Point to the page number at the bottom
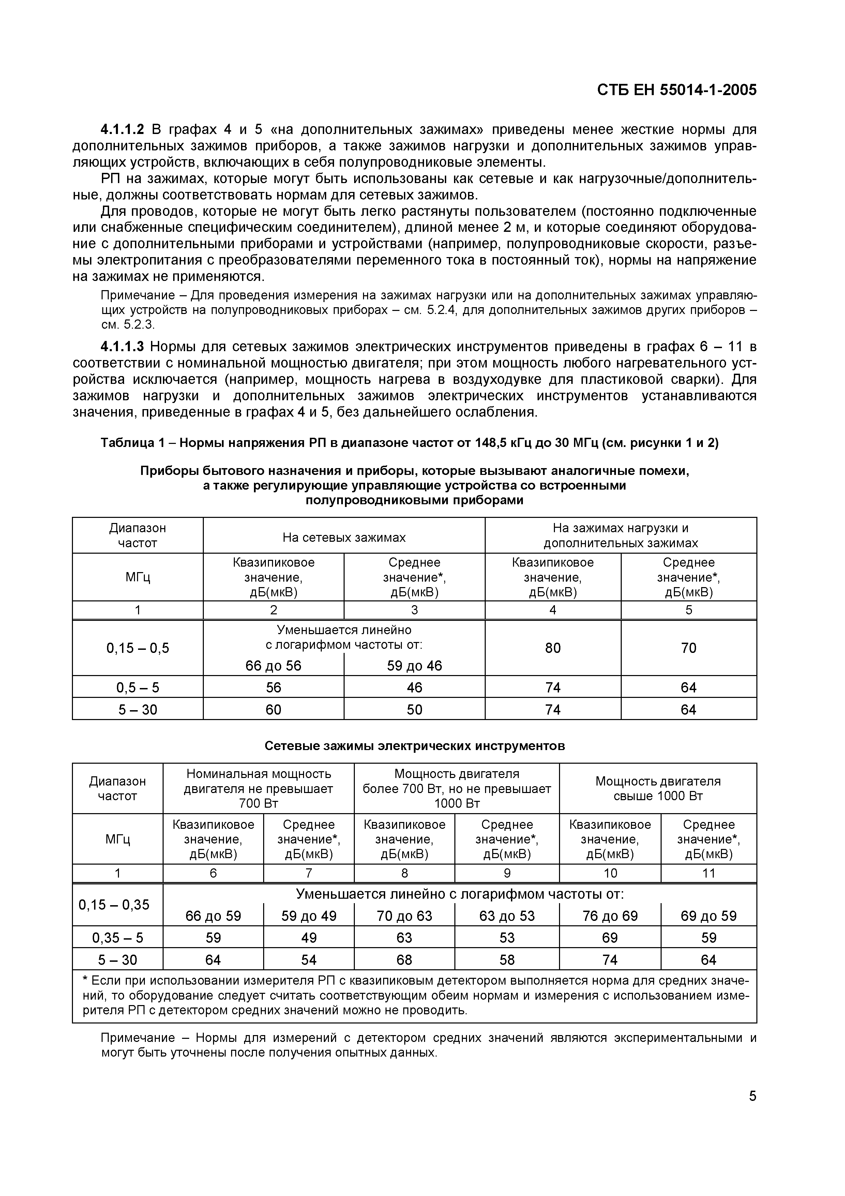(x=752, y=1096)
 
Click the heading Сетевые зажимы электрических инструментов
(x=414, y=746)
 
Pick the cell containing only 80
(x=553, y=648)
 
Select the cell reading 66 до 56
(x=273, y=666)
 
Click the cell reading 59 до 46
(x=414, y=666)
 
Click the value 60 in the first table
(x=273, y=709)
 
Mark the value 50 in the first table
(x=414, y=709)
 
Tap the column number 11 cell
(x=709, y=873)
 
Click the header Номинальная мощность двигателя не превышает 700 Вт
(x=258, y=788)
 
